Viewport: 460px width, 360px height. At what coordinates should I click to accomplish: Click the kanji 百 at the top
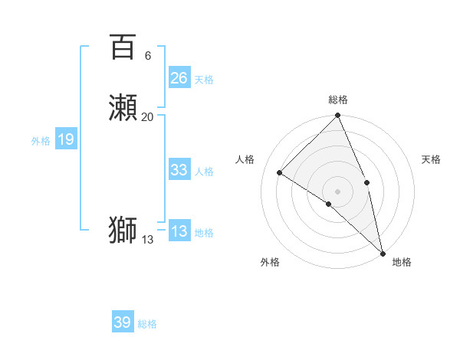(123, 47)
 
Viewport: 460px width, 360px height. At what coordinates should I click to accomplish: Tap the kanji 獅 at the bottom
(123, 231)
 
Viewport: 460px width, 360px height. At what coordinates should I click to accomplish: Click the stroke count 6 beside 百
(147, 56)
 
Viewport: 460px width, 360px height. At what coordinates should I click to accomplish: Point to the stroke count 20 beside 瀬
(147, 116)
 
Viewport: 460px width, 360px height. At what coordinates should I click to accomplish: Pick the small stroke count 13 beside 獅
(147, 239)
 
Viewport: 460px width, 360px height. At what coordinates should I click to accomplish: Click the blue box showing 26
(179, 78)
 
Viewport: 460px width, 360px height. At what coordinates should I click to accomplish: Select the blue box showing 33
(179, 170)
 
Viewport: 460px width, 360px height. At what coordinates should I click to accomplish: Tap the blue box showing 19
(66, 139)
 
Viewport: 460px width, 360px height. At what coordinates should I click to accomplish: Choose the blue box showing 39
(122, 322)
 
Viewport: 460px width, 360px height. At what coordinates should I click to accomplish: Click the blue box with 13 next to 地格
(179, 231)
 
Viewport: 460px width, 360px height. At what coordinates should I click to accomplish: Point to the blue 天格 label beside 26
(204, 79)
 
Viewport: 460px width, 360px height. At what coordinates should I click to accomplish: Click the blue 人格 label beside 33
(204, 171)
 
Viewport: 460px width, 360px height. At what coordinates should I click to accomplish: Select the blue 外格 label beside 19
(41, 140)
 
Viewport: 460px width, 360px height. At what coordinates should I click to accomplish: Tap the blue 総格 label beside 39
(147, 324)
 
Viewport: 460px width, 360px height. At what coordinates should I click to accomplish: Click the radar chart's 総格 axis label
(338, 100)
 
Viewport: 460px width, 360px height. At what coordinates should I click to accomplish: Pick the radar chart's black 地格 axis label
(402, 262)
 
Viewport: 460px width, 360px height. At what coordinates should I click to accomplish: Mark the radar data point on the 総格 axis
(338, 116)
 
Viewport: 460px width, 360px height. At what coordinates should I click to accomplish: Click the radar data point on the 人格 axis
(280, 173)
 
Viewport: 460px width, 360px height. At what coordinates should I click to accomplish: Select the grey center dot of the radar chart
(338, 191)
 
